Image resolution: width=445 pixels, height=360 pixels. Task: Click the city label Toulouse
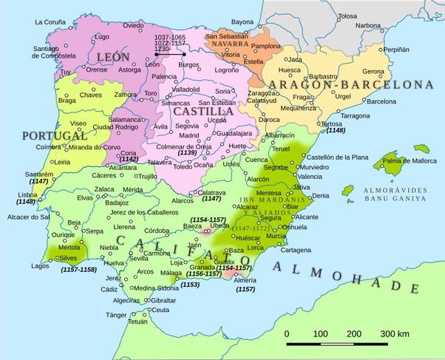point(347,16)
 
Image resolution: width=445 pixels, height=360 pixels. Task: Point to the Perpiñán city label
point(415,50)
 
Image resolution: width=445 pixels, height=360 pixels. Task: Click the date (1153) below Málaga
point(190,284)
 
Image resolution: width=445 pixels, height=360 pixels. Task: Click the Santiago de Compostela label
point(51,52)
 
